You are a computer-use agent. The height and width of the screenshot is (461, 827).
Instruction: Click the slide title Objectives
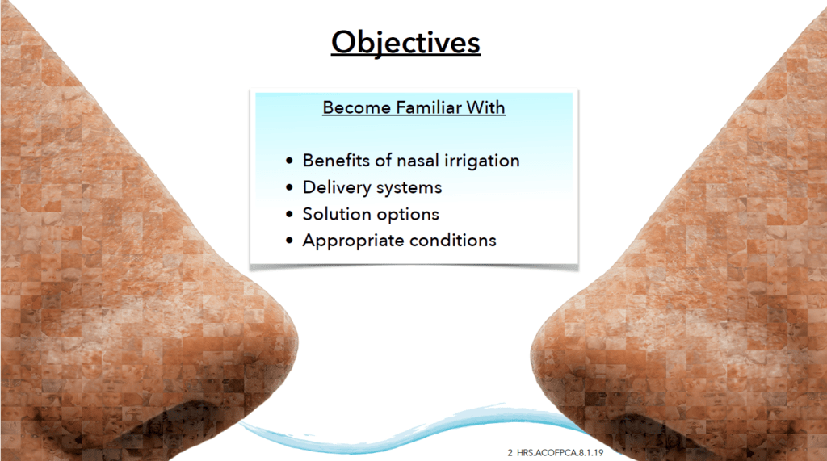click(405, 42)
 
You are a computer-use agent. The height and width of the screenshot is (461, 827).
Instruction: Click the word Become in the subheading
click(357, 107)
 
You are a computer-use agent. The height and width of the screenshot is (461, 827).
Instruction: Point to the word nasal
click(418, 161)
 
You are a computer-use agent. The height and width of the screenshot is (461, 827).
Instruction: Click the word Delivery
click(337, 188)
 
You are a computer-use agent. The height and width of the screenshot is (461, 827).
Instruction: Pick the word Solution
click(337, 214)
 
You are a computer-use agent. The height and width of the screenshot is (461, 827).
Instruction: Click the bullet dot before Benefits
click(289, 161)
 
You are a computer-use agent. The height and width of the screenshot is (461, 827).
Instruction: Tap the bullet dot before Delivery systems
click(289, 187)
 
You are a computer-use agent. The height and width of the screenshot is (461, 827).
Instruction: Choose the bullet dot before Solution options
click(289, 214)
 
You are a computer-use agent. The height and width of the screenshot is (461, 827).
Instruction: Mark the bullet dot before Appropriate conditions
click(289, 241)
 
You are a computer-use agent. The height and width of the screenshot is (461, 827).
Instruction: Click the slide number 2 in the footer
click(510, 453)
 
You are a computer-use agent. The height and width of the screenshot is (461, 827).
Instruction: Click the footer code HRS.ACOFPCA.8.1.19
click(560, 453)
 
